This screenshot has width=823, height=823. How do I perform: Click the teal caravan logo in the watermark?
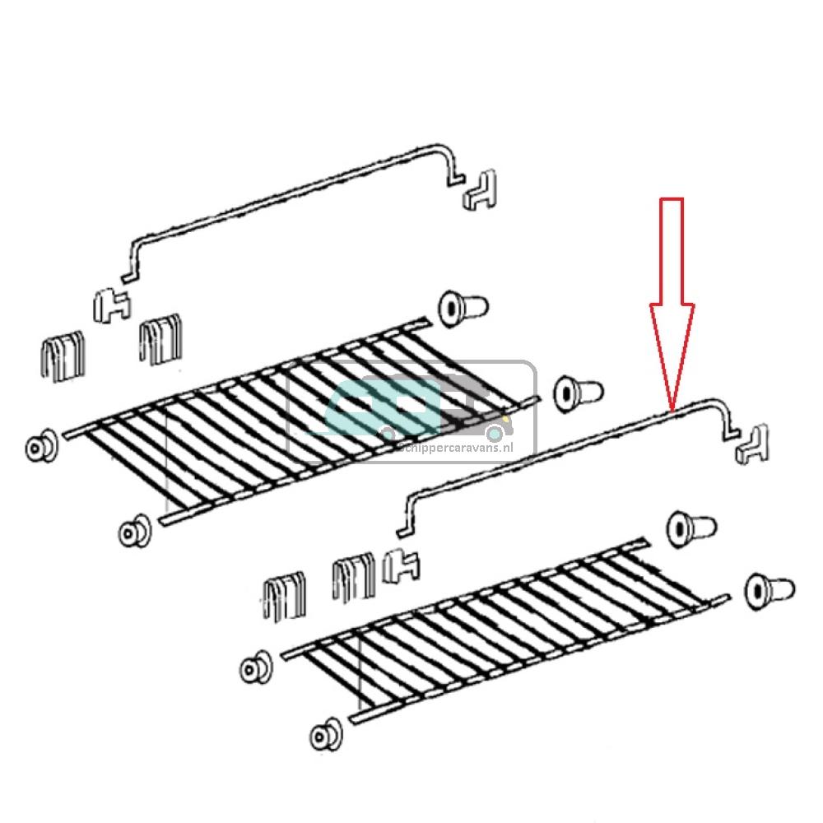click(387, 407)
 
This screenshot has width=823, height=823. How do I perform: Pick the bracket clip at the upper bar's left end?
click(110, 304)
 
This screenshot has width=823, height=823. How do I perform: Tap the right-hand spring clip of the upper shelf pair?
click(160, 339)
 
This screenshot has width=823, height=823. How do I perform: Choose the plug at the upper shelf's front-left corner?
click(134, 532)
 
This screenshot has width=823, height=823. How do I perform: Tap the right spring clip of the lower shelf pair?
click(353, 579)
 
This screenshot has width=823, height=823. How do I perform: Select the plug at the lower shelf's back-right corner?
click(689, 526)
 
